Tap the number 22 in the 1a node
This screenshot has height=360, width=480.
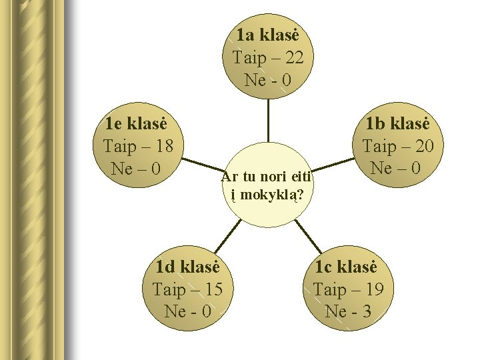(x=291, y=58)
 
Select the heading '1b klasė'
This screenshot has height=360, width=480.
(x=398, y=123)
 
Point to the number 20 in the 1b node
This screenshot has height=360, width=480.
(x=421, y=146)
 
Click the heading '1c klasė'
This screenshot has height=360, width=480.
(x=346, y=268)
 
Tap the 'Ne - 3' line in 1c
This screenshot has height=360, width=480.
(x=347, y=311)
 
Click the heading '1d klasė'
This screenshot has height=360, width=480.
(x=187, y=268)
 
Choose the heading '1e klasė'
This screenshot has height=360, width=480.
(x=136, y=123)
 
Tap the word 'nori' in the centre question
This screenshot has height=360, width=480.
(x=270, y=177)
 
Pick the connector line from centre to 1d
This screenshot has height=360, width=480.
(x=227, y=235)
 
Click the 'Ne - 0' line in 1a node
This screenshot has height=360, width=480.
(x=267, y=80)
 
